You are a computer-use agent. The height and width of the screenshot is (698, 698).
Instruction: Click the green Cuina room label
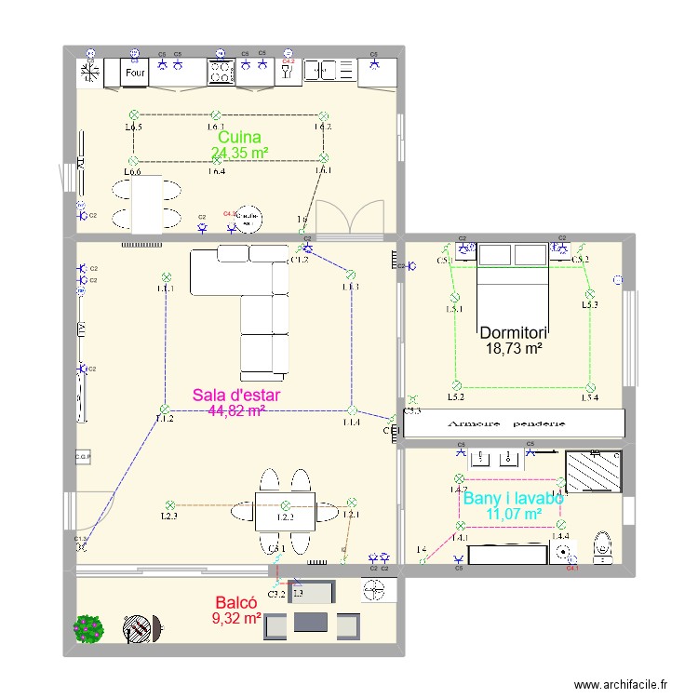coord(239,137)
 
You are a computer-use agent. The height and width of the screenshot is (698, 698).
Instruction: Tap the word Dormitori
coord(513,332)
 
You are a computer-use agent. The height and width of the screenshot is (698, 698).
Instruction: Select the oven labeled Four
coord(136,72)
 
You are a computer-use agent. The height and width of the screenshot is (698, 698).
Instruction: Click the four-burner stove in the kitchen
coord(221,72)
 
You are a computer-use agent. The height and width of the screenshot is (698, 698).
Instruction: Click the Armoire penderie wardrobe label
coord(513,423)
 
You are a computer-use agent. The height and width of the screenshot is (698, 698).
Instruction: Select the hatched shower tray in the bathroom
coord(593,472)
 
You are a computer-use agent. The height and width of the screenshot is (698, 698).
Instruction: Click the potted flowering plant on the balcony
coord(89,628)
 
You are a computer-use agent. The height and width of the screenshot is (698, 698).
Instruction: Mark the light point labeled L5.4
coord(590,385)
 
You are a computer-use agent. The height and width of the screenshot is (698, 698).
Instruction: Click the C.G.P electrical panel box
coord(82,457)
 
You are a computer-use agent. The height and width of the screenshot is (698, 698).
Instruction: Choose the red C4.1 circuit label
coord(572,569)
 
